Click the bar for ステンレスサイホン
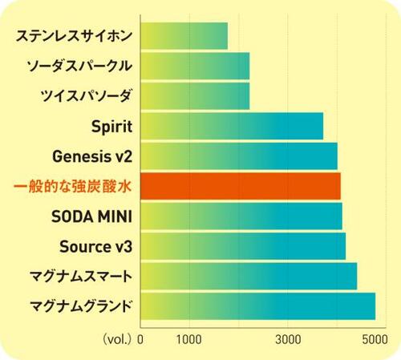click(184, 35)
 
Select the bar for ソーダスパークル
click(195, 65)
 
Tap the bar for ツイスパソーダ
click(195, 95)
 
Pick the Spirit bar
click(232, 126)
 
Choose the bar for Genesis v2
click(239, 156)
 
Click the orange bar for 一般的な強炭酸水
click(241, 186)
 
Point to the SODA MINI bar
click(241, 216)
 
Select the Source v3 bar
click(243, 245)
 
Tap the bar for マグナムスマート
click(249, 276)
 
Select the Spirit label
click(112, 126)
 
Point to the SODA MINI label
click(91, 216)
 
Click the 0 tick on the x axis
click(141, 338)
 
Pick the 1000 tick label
click(189, 338)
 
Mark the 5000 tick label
click(375, 338)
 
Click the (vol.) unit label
click(118, 338)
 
